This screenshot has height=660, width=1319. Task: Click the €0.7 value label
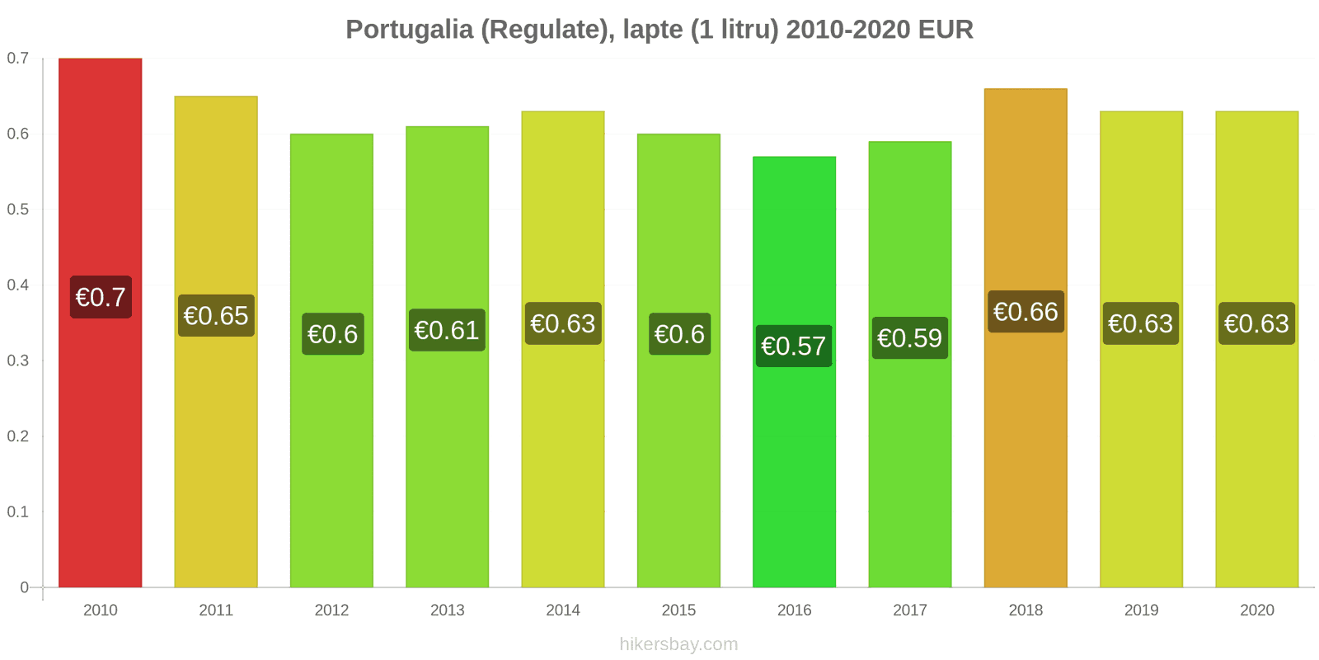[x=101, y=297]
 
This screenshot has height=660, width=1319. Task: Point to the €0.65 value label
[x=216, y=315]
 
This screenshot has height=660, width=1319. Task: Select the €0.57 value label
[x=794, y=346]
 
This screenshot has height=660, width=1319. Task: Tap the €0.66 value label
[x=1026, y=312]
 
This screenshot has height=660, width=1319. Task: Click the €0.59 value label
[x=910, y=338]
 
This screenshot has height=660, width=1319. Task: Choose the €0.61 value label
[x=447, y=330]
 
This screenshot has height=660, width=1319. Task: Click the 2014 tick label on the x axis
[x=563, y=610]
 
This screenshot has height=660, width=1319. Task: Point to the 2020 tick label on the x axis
[x=1257, y=610]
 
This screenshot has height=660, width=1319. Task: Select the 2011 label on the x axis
[x=216, y=610]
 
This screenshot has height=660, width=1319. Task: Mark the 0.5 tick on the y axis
[x=18, y=210]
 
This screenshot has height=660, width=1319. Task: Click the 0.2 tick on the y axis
[x=18, y=436]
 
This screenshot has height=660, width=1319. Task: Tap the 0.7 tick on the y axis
[x=18, y=59]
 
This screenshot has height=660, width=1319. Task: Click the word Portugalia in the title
[x=409, y=30]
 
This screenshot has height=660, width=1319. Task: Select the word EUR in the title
[x=946, y=30]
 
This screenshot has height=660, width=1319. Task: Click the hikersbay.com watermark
[x=678, y=644]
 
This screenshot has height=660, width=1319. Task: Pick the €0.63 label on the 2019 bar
[x=1141, y=323]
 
